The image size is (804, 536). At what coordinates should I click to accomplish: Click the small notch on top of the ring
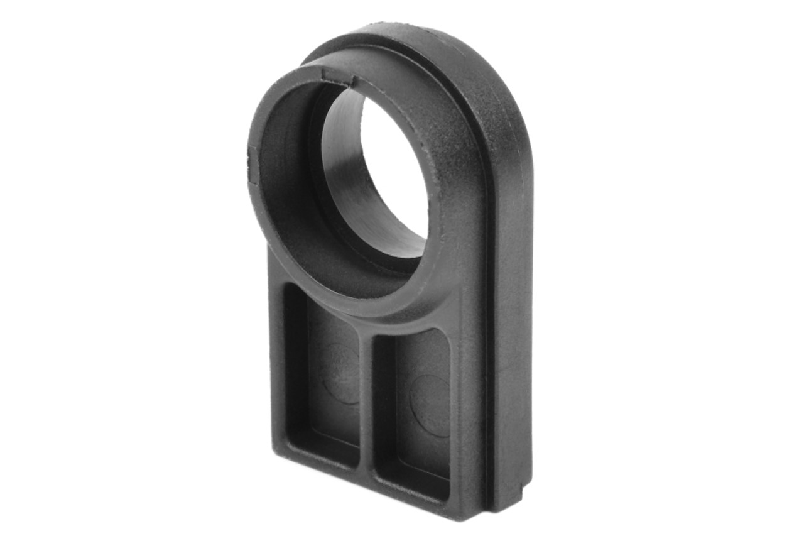tap(337, 78)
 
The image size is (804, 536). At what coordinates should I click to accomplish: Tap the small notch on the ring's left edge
tap(253, 165)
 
